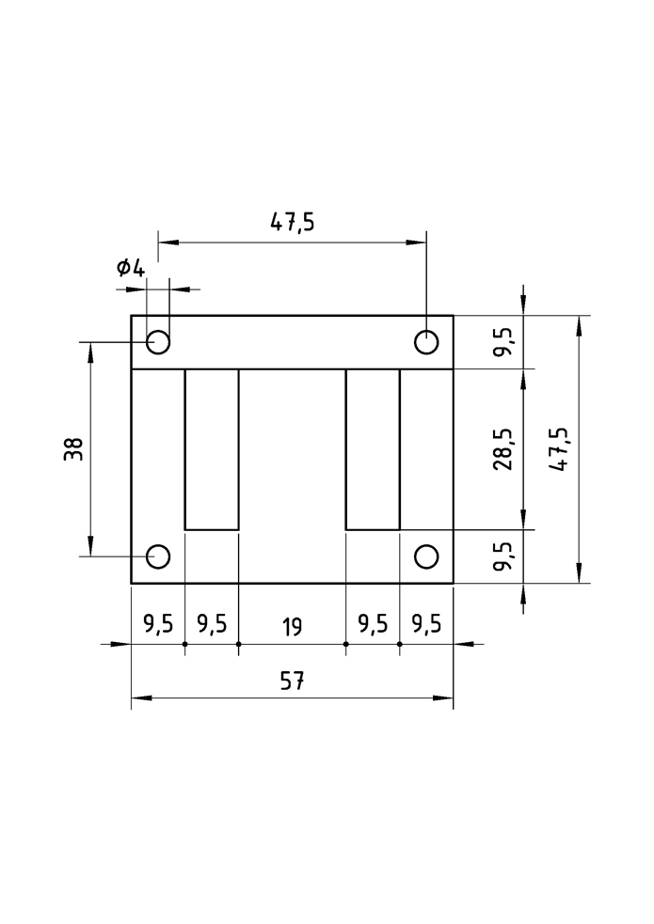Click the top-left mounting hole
[x=158, y=342]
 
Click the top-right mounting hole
[x=426, y=342]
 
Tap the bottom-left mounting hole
[x=158, y=556]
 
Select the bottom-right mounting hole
[x=426, y=556]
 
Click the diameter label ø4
[x=130, y=269]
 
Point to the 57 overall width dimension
[x=292, y=681]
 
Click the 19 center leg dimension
[x=292, y=626]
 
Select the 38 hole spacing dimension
[x=73, y=449]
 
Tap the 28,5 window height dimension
[x=503, y=449]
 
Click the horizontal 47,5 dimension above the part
[x=293, y=222]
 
